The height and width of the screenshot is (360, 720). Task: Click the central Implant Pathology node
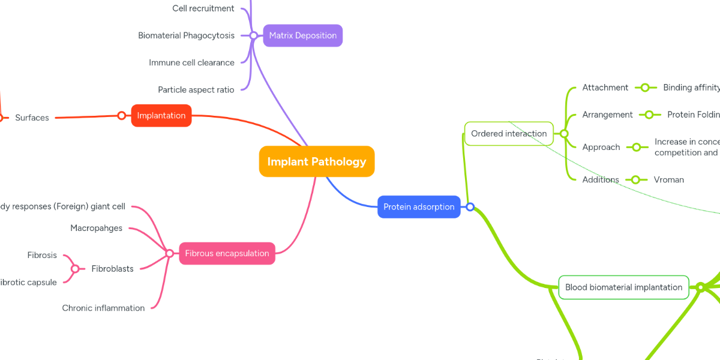tap(317, 161)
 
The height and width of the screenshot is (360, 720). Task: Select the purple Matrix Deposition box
tap(302, 35)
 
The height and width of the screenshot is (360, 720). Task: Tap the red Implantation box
tap(161, 115)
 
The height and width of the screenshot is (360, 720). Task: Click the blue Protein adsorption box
tap(419, 207)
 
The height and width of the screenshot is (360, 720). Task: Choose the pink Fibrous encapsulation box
tap(227, 253)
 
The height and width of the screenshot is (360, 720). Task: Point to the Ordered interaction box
tap(509, 133)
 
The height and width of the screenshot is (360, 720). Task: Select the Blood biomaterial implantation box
tap(623, 287)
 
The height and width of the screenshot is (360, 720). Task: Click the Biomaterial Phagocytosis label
tap(186, 35)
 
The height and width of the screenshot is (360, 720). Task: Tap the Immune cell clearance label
tap(191, 62)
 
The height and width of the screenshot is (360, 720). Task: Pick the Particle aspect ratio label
tap(196, 89)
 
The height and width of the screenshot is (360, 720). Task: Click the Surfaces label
tap(32, 118)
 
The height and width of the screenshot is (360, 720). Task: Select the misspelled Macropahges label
tap(96, 228)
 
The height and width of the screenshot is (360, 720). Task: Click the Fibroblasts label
tap(112, 269)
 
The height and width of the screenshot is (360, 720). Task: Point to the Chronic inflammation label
tap(103, 308)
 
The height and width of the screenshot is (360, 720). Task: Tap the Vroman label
tap(668, 179)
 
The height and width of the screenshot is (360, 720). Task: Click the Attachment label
tap(605, 88)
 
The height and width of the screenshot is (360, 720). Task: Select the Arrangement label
tap(607, 115)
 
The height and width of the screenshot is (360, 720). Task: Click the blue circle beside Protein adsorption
tap(470, 207)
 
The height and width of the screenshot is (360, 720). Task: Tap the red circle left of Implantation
tap(121, 115)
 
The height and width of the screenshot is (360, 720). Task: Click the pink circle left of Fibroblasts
tap(75, 269)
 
